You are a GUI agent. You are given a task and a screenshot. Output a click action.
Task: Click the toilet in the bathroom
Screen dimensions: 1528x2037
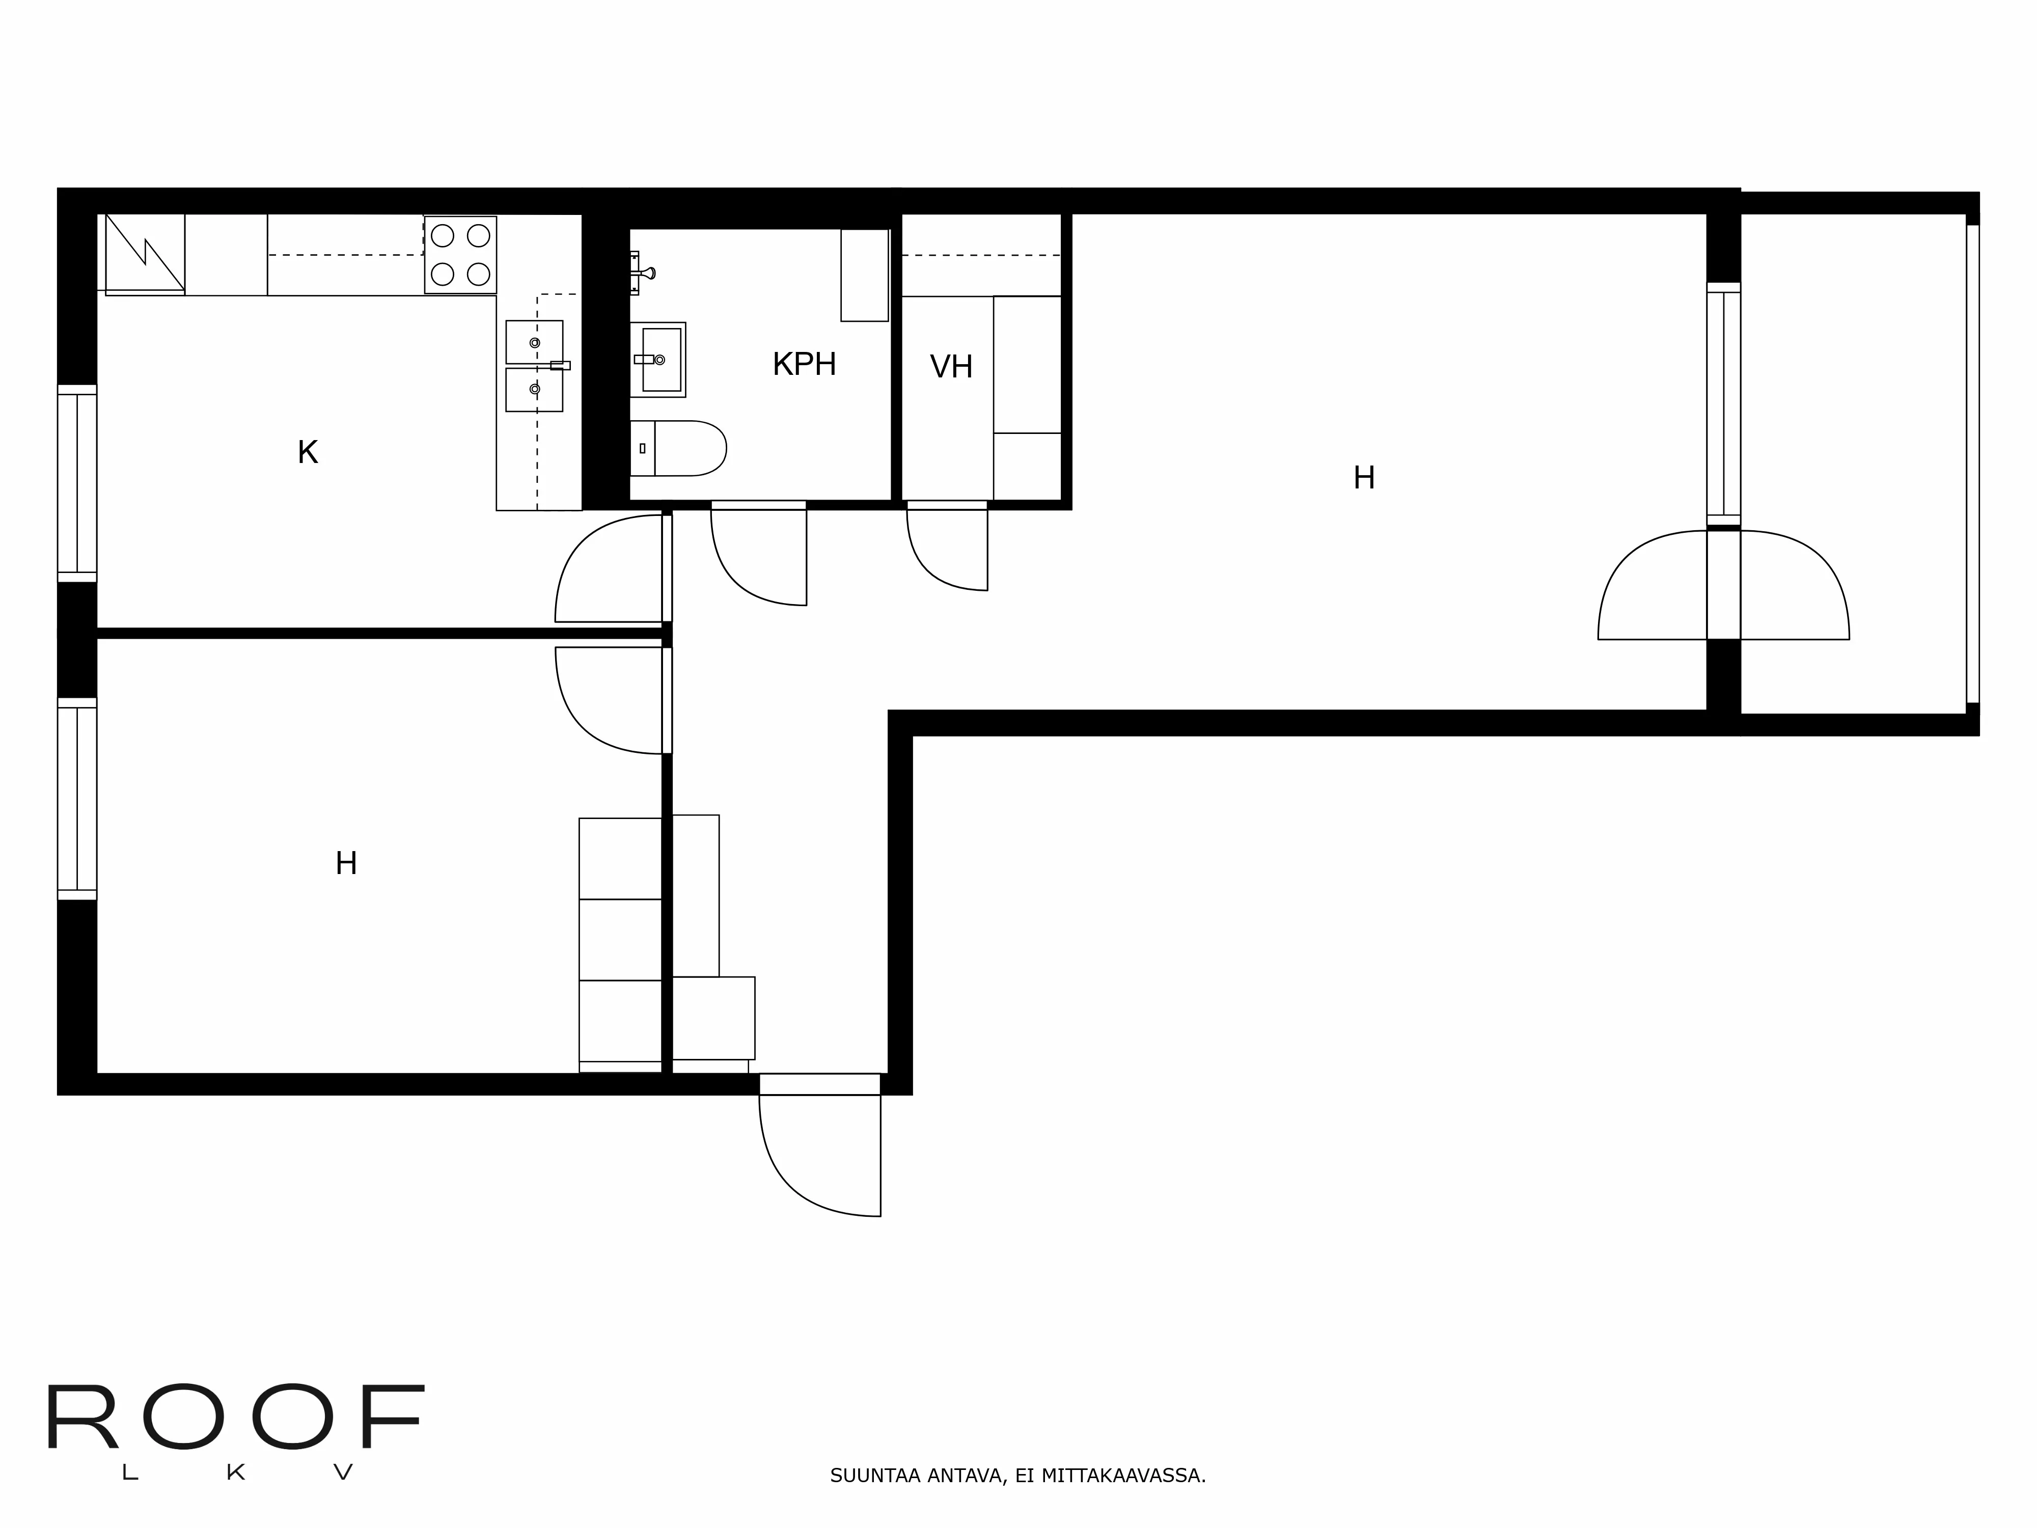(681, 449)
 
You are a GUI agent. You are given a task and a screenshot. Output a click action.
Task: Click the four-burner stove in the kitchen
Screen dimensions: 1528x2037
(460, 255)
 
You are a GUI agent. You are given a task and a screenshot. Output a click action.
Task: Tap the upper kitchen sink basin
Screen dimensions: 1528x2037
(534, 342)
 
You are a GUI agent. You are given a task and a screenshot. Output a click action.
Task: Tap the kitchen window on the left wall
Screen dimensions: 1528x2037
(77, 483)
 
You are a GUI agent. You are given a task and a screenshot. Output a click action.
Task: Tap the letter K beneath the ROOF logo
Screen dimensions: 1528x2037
(236, 1473)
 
